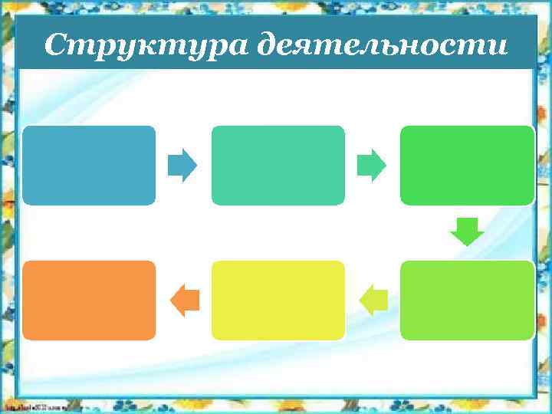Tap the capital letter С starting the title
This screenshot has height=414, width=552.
(x=54, y=45)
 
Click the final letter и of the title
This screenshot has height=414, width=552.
(x=498, y=47)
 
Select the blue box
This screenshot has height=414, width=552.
(x=89, y=165)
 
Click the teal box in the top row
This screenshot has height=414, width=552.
(x=278, y=165)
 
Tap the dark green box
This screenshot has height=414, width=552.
(x=467, y=165)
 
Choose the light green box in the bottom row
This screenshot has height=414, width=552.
(x=467, y=300)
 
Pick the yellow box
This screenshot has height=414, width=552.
(x=278, y=300)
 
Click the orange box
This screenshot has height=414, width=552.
(x=89, y=300)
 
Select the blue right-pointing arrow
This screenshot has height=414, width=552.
(x=182, y=166)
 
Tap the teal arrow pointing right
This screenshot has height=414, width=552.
(x=372, y=166)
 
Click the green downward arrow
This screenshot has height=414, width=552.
(x=467, y=232)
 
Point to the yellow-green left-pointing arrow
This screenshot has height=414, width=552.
(x=373, y=300)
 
